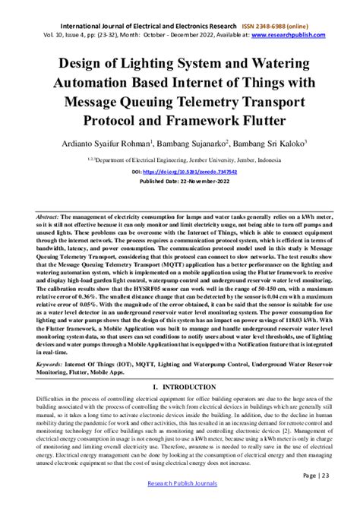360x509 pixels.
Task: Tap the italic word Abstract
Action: (49, 217)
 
